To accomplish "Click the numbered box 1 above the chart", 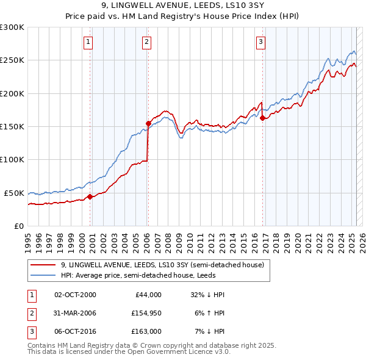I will point(88,42).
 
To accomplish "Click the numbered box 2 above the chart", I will point(147,42).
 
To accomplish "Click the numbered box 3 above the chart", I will point(260,42).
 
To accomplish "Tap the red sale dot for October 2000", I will point(90,196).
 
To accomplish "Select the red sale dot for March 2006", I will point(148,123).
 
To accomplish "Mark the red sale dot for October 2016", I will point(262,118).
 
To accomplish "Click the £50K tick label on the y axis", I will point(15,193).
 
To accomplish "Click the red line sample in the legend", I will point(44,265).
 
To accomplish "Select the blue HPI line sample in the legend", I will point(44,275).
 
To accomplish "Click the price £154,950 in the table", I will point(144,313).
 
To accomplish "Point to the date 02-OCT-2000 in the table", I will point(76,295).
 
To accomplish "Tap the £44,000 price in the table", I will point(146,295).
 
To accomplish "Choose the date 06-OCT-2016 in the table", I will point(76,331).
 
